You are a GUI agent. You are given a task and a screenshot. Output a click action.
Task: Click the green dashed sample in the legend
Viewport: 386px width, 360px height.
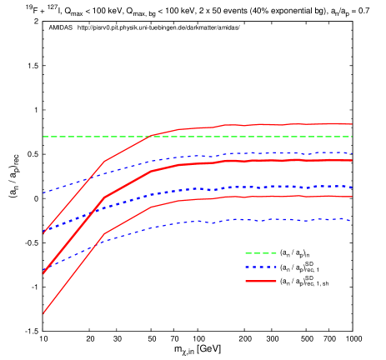(x=260, y=253)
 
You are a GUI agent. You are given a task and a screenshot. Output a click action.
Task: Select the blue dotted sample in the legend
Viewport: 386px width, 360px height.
(x=260, y=267)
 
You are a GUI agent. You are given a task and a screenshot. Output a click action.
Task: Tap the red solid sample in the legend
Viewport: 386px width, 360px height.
(x=260, y=282)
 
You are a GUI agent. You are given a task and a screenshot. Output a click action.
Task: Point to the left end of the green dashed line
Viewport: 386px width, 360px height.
(x=43, y=137)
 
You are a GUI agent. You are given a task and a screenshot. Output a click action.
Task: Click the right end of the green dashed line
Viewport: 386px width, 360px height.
(x=352, y=137)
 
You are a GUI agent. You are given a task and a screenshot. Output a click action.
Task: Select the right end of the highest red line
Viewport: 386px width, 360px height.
(x=352, y=124)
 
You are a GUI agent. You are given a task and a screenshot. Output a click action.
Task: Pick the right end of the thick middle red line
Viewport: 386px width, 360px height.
(x=352, y=160)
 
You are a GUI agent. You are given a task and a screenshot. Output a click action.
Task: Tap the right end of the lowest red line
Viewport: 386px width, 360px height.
(x=352, y=197)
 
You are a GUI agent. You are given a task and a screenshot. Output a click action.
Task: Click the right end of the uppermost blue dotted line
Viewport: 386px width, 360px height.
(x=352, y=153)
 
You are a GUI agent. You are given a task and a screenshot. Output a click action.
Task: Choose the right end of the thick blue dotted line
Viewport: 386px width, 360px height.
(x=352, y=187)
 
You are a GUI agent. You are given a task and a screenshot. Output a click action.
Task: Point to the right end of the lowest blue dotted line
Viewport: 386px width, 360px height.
(x=352, y=221)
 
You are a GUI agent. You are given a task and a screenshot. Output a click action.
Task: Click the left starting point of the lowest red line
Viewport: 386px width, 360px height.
(x=43, y=313)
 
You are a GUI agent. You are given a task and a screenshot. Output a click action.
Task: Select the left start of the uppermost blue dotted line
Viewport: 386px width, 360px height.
(x=43, y=192)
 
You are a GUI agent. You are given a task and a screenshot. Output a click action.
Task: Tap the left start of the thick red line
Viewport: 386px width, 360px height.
(x=43, y=272)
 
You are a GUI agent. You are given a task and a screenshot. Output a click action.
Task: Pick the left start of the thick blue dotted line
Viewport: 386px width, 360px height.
(x=43, y=230)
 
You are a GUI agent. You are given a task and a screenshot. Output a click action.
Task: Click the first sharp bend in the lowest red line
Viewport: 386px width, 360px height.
(x=103, y=235)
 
